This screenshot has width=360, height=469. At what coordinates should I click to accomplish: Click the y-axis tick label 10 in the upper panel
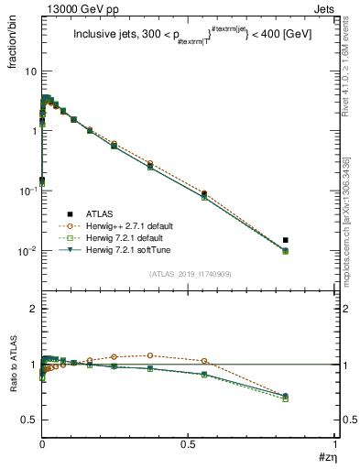[29, 71]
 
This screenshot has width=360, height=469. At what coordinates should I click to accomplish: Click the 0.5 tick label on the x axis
[188, 444]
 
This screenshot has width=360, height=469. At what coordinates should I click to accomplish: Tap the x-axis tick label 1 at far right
[335, 444]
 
